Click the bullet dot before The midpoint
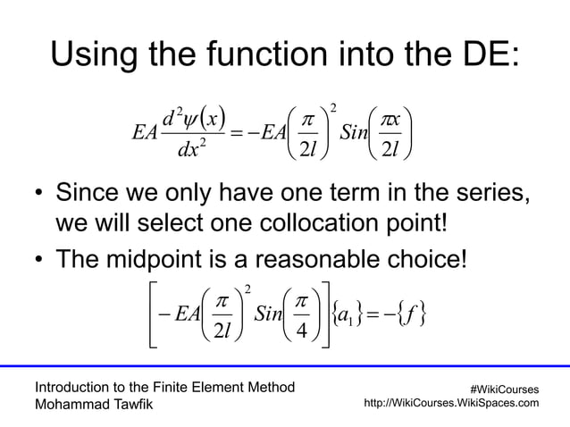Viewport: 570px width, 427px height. pos(40,259)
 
